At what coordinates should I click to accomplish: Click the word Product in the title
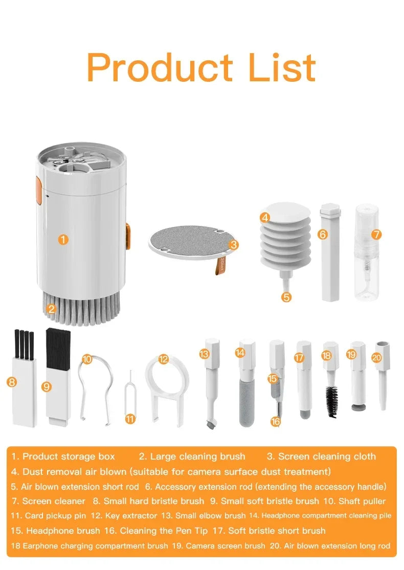coord(159,67)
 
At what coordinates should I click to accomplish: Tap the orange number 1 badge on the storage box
coord(62,239)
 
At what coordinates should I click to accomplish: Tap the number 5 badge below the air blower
coord(286,296)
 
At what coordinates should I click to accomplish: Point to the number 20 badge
coord(377,358)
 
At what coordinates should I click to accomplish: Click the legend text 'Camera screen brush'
coord(226,546)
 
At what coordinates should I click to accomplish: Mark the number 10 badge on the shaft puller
coord(87,359)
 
